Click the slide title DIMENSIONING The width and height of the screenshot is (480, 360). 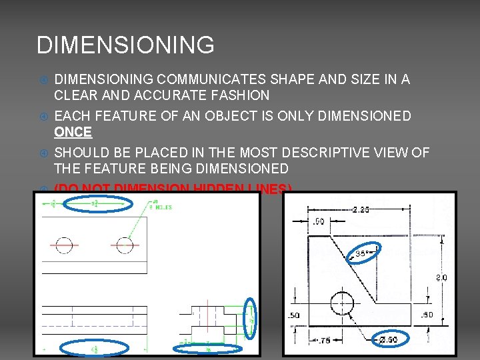pos(125,45)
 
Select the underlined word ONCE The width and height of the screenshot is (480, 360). pos(73,132)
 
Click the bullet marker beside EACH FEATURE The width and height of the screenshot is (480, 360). pos(42,116)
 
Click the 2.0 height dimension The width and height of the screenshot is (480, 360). pos(441,277)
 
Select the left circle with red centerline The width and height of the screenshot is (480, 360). pos(64,245)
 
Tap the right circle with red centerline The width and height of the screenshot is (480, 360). pos(125,245)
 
